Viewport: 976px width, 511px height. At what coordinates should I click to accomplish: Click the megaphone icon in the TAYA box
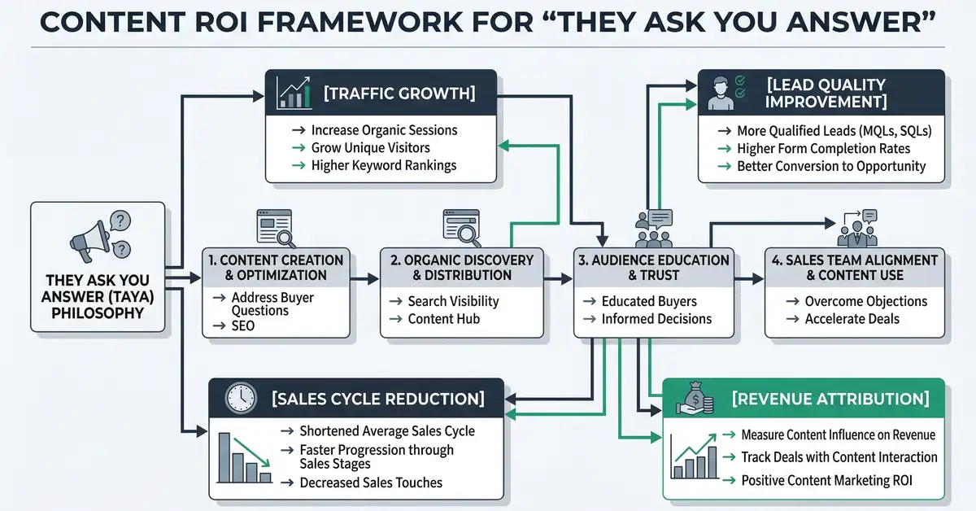pos(89,238)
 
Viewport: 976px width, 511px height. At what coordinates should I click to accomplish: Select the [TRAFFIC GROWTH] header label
pos(399,93)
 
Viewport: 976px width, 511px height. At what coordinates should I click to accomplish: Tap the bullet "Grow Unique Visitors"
pos(370,148)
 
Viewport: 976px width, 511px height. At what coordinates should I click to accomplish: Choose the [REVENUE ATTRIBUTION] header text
pos(830,399)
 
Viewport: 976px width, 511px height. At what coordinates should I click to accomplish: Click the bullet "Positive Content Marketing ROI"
pos(826,481)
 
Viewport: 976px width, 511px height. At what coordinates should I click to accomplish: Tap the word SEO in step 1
pos(242,325)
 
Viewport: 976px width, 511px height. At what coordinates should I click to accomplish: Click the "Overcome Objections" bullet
pos(865,301)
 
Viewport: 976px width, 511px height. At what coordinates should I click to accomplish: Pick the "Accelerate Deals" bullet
pos(852,319)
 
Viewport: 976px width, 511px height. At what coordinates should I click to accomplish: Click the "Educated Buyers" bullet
pos(648,301)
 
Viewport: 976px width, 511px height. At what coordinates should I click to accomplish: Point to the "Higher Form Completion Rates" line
pos(823,148)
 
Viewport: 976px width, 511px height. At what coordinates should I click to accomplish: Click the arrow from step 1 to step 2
pos(365,279)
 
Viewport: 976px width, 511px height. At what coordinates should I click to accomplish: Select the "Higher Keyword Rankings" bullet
pos(383,165)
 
